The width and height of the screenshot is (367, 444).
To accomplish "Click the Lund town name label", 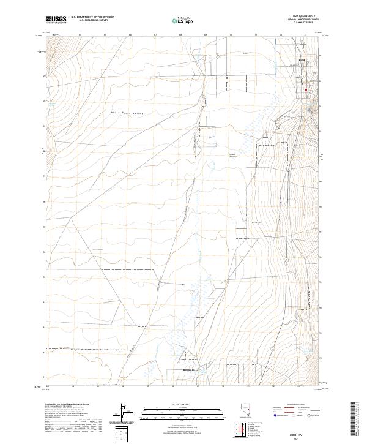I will (x=300, y=59).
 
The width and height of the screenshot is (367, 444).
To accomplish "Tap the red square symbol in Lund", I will (x=306, y=90).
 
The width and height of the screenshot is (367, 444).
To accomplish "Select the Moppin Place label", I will (x=185, y=369).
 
